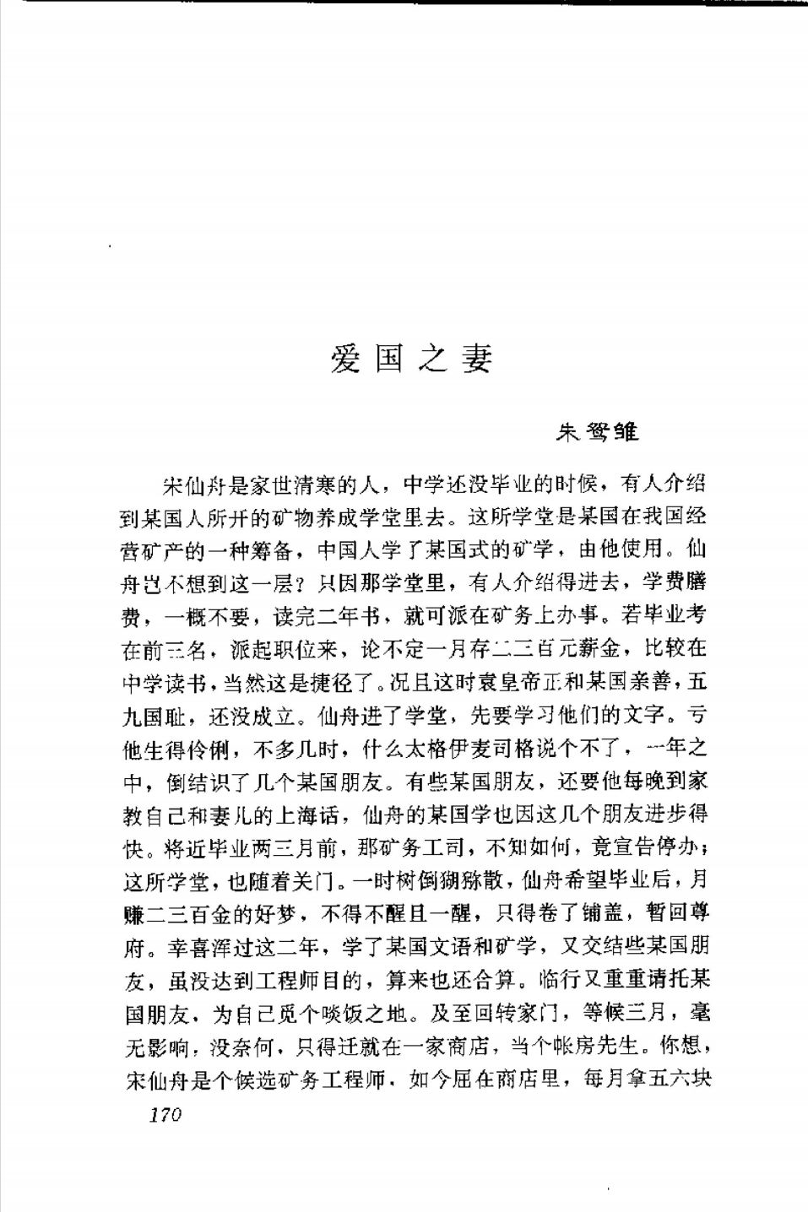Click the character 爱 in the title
click(x=345, y=360)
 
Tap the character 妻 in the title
click(x=475, y=360)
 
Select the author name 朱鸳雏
click(x=596, y=432)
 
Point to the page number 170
click(x=165, y=1116)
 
